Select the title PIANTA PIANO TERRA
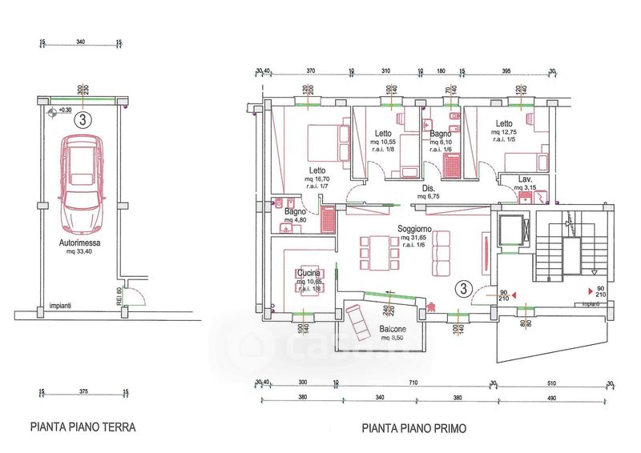tap(83, 427)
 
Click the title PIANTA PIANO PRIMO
tap(413, 428)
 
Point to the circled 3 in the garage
tap(80, 121)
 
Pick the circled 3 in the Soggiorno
tap(462, 288)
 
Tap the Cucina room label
tap(308, 274)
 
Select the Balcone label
tap(392, 329)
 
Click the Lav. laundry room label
tap(526, 178)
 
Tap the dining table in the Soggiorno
tap(377, 253)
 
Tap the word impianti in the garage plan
tap(60, 306)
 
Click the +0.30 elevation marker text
tap(64, 110)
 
